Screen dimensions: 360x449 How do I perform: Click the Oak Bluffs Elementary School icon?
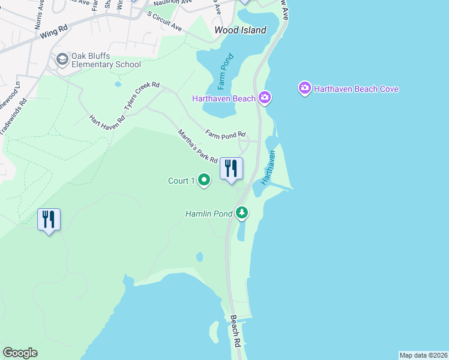pos(62,59)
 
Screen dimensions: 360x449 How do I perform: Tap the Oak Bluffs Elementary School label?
pos(106,60)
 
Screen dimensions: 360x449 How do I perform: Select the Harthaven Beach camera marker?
pos(265,97)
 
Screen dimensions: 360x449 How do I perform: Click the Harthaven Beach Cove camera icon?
pos(305,89)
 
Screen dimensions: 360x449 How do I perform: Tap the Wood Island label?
pos(241,30)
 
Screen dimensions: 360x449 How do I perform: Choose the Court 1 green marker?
pos(204,179)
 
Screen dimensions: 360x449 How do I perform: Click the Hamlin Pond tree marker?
pos(242,212)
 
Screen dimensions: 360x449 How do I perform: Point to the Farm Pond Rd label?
pos(226,134)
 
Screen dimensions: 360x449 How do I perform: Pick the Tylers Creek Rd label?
pos(142,96)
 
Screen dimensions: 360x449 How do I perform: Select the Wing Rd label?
pos(55,31)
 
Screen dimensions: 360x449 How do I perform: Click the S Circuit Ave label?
pos(164,23)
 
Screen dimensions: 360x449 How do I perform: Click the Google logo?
pos(20,353)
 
